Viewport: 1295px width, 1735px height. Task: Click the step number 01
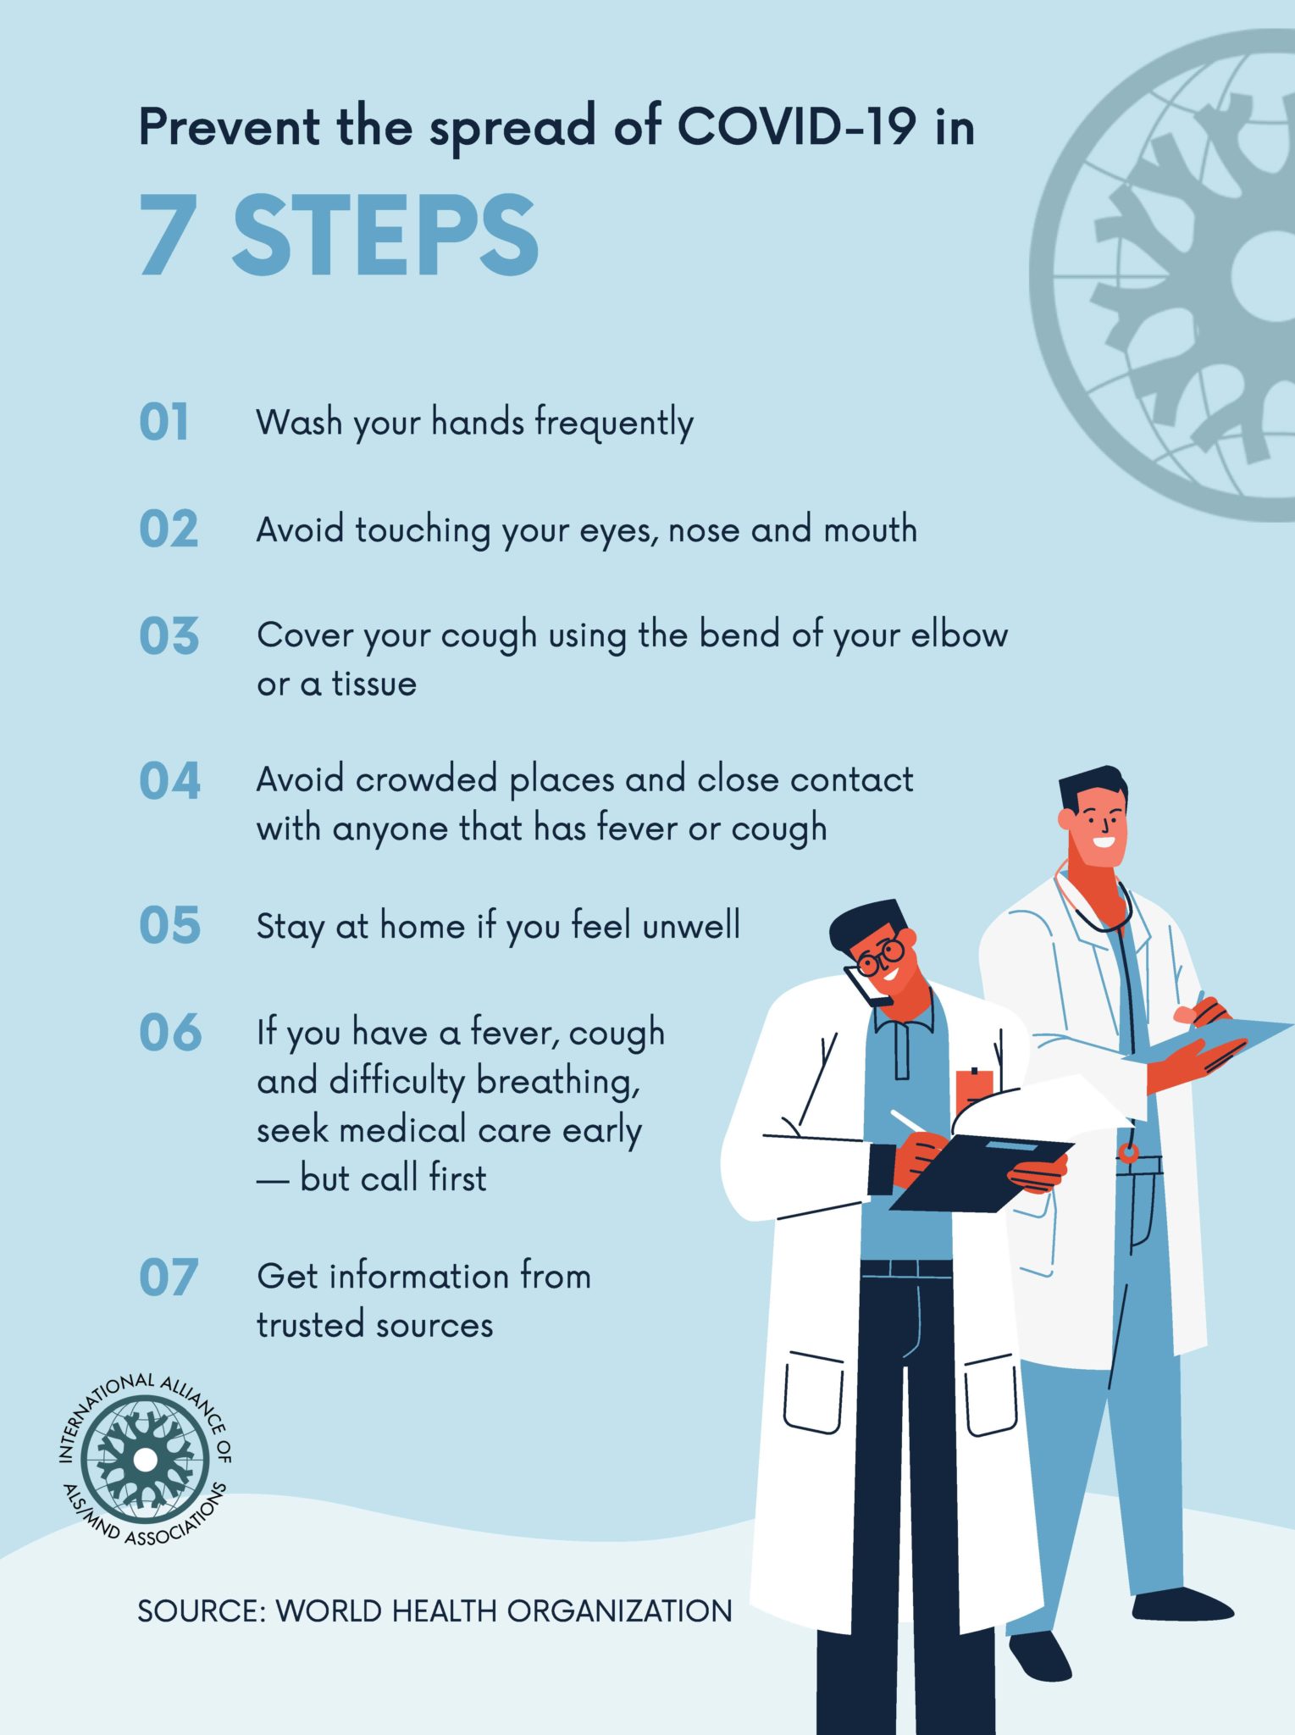[163, 422]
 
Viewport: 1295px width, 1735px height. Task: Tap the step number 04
[169, 780]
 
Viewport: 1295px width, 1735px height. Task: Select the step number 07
[169, 1278]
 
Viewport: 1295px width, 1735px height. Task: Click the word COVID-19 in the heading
[796, 127]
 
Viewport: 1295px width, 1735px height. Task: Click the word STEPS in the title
[385, 235]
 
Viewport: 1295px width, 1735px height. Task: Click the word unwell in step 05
[691, 924]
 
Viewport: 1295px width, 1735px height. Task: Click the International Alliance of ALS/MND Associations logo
[145, 1459]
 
